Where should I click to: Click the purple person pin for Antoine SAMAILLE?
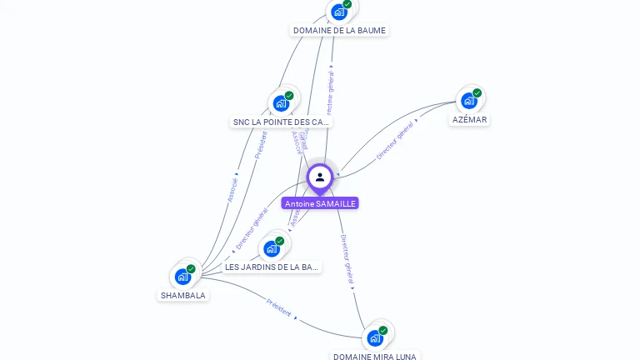point(320,177)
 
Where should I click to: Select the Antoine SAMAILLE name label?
point(320,203)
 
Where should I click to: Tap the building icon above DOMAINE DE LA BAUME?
point(338,12)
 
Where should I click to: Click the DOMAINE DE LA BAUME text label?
point(339,30)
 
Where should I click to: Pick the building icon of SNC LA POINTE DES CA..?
point(281,103)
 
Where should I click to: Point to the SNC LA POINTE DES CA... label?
point(281,122)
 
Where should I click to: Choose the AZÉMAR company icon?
point(469,101)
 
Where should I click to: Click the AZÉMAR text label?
point(469,119)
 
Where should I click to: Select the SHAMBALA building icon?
point(182,277)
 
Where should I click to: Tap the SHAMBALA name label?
point(183,295)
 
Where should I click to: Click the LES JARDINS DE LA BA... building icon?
point(272,248)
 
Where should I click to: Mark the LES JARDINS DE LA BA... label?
point(272,267)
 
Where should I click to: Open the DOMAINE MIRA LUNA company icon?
point(375,337)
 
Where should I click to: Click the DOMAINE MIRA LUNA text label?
point(375,356)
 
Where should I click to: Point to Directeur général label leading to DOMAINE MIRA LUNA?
point(347,261)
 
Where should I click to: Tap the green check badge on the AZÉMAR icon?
point(477,92)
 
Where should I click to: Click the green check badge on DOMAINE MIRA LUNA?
point(383,330)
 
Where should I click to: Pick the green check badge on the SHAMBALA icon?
point(191,268)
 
